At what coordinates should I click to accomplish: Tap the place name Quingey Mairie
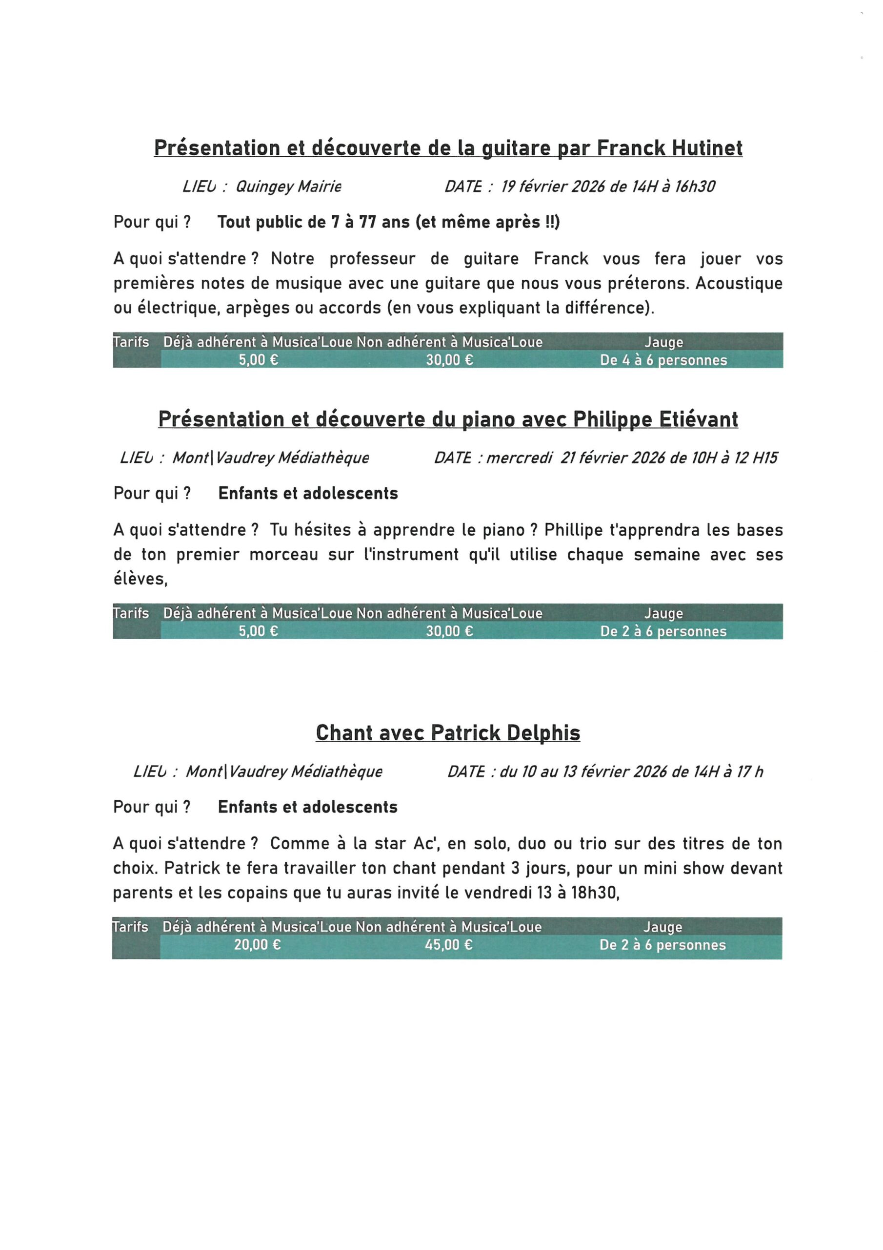[x=288, y=187]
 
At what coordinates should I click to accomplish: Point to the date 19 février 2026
[x=553, y=187]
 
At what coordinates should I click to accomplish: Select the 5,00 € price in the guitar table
[x=259, y=360]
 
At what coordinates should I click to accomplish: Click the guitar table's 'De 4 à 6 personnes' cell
[x=663, y=360]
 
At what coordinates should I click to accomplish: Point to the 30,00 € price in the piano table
[x=449, y=631]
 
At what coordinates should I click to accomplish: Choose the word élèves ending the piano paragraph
[x=139, y=579]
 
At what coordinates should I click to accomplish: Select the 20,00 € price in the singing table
[x=257, y=944]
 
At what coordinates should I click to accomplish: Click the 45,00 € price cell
[x=448, y=944]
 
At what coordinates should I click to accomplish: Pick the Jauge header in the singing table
[x=662, y=927]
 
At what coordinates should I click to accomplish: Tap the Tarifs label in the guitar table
[x=131, y=342]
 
